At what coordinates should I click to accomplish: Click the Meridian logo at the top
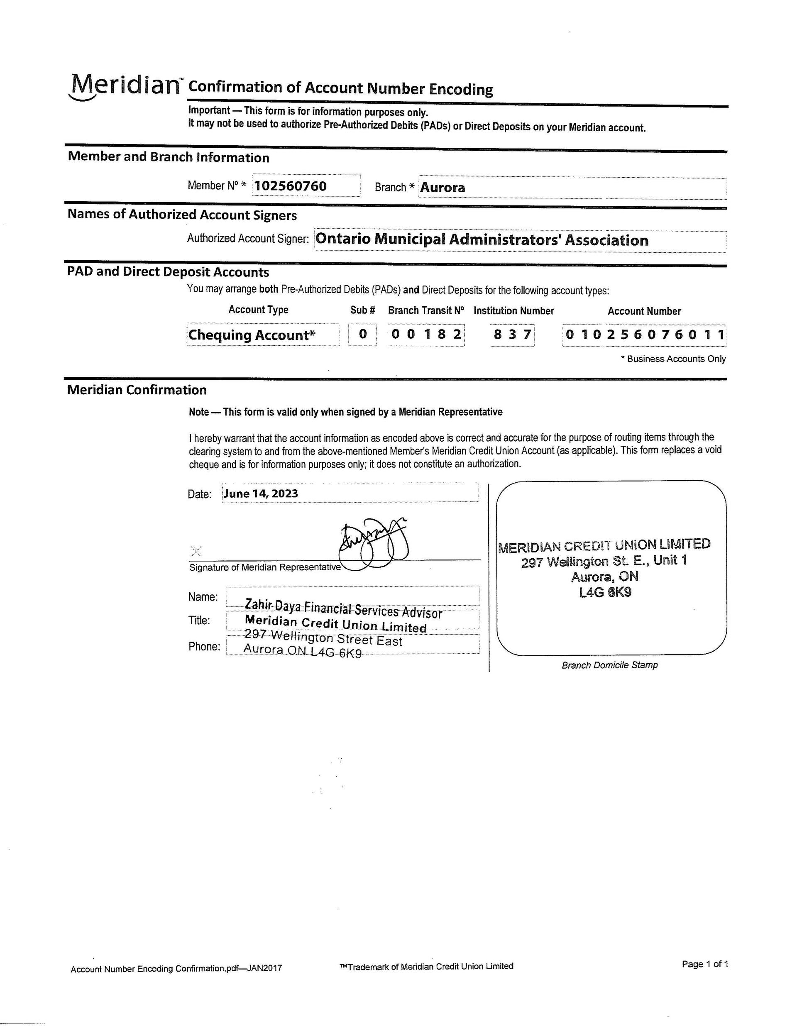coord(125,86)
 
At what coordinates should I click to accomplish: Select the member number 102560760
coord(291,186)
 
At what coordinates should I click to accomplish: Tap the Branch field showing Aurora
coord(443,188)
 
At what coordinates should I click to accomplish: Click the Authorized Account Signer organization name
coord(482,240)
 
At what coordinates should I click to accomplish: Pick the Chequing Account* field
coord(252,335)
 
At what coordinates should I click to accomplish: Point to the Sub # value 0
coord(363,334)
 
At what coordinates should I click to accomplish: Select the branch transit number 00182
coord(426,334)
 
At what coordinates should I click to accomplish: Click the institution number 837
coord(512,335)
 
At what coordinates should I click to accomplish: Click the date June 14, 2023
coord(261,494)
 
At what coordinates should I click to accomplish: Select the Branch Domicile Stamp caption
coord(609,665)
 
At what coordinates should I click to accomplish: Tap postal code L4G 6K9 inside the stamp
coord(605,592)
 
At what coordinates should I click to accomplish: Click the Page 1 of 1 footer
coord(705,963)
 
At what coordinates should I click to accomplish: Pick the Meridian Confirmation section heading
coord(137,390)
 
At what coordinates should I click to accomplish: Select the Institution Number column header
coord(514,310)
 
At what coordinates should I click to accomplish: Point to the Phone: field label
coord(204,646)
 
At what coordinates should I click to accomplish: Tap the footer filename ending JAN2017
coord(176,969)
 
